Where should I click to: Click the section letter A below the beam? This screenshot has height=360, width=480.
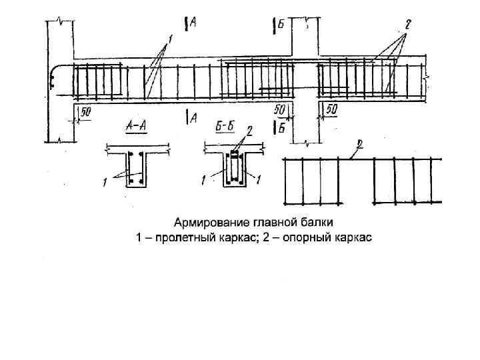pyautogui.click(x=193, y=118)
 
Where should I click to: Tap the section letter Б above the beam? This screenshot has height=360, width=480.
pyautogui.click(x=281, y=25)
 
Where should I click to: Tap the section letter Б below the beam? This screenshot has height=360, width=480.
pyautogui.click(x=281, y=128)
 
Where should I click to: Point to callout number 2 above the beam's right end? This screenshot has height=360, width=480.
pyautogui.click(x=407, y=25)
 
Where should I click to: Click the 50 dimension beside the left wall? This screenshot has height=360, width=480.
pyautogui.click(x=85, y=113)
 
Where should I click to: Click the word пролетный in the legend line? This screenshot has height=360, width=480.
pyautogui.click(x=181, y=237)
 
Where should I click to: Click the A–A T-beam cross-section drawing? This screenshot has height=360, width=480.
pyautogui.click(x=137, y=167)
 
